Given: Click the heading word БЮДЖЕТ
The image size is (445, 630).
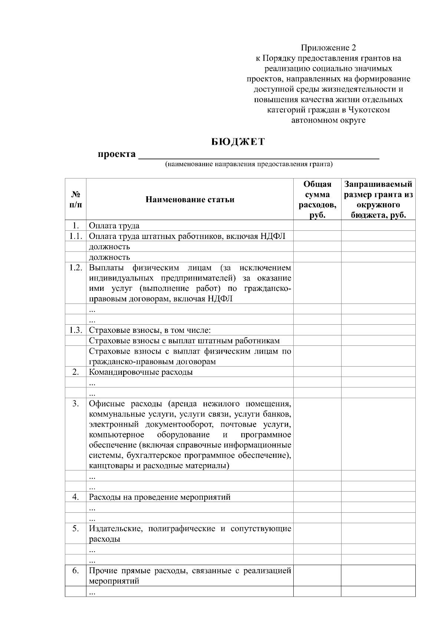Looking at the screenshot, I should click(x=238, y=142).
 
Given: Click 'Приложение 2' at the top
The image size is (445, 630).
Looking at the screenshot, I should click(x=328, y=48).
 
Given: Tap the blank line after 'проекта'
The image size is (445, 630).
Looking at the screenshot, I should click(x=258, y=155).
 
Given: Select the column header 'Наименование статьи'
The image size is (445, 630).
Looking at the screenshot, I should click(x=190, y=200).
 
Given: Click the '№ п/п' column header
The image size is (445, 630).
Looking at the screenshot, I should click(x=76, y=200).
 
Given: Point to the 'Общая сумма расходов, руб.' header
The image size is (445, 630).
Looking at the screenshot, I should click(x=317, y=200).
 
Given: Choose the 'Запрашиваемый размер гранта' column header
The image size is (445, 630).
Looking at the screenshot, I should click(x=378, y=200).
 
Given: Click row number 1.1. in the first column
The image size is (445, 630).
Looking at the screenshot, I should click(x=76, y=236).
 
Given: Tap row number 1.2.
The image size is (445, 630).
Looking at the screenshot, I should click(x=76, y=268).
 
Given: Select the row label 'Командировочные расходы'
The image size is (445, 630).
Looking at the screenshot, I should click(x=141, y=372).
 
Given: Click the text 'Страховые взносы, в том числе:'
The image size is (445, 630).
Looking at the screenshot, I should click(x=150, y=330).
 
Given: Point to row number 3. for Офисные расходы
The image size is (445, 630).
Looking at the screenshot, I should click(x=76, y=404).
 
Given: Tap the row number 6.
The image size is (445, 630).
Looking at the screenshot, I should click(x=76, y=571).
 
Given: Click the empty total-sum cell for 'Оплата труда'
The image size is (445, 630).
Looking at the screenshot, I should click(x=317, y=226).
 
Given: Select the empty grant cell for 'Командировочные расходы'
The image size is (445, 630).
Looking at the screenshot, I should click(x=378, y=372).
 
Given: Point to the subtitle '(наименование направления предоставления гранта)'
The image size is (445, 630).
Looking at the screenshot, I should click(x=249, y=164).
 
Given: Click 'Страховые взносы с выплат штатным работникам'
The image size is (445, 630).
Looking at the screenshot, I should click(x=184, y=341).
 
